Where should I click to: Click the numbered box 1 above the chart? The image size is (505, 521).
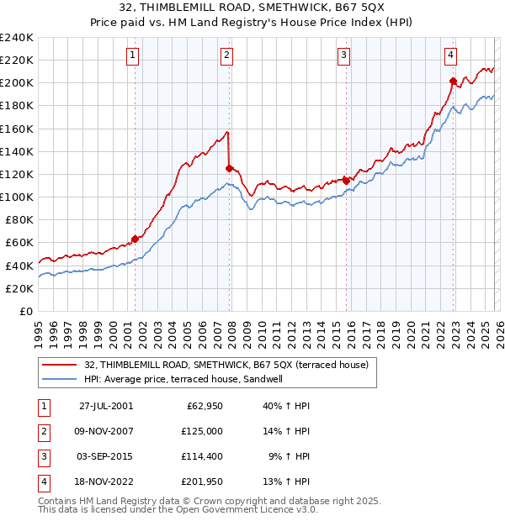coord(134,55)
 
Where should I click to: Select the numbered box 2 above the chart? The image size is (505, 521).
coord(227,55)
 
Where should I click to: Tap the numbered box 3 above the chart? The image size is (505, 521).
coord(344,55)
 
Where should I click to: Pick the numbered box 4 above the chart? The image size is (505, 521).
coord(451,55)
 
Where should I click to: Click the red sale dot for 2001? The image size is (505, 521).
coord(135,239)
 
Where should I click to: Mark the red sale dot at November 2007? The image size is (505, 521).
coord(229,168)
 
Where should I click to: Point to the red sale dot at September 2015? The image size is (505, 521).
coord(346,180)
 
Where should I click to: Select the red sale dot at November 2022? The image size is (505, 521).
coord(453,81)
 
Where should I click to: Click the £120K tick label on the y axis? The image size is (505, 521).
coord(16,174)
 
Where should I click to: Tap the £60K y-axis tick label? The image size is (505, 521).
coord(19,242)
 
